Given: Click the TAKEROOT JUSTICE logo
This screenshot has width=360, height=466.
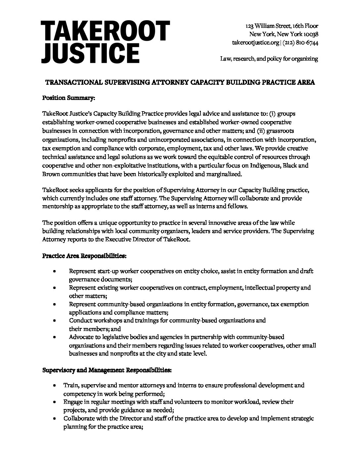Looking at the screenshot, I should pos(105,42).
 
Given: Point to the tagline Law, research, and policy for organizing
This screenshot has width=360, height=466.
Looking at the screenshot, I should pos(269,59).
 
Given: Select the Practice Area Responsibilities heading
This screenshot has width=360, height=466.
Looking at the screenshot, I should pos(84,256).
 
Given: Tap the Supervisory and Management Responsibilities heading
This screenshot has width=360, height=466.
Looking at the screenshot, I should pos(107,370).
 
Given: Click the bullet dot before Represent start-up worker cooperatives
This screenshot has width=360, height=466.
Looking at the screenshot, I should pos(54,271).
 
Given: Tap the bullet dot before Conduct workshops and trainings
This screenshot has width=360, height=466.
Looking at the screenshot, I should pos(54,321).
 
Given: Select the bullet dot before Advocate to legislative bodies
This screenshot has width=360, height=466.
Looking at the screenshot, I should pos(54,337).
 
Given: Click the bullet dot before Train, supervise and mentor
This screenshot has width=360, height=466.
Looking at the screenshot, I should pos(54,386).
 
